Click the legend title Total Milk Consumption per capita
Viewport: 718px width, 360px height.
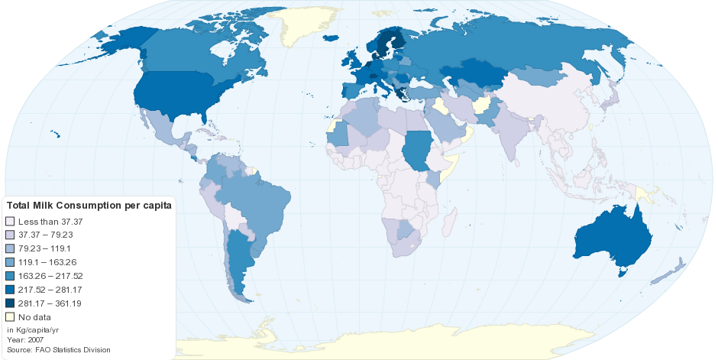pyautogui.click(x=89, y=206)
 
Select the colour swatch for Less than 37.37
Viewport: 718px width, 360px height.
pyautogui.click(x=11, y=221)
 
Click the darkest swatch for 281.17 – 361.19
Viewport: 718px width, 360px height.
pyautogui.click(x=11, y=303)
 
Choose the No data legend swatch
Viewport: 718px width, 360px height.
pyautogui.click(x=11, y=317)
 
